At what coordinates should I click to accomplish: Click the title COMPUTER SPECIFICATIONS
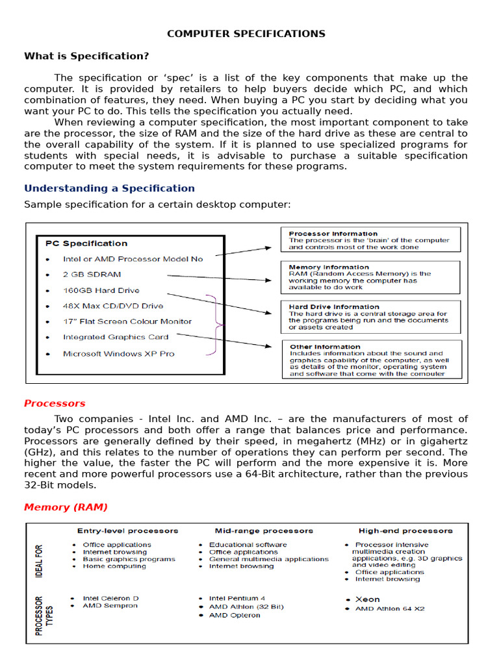246,34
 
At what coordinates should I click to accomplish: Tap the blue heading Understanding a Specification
109,188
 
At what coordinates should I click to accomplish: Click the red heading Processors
55,403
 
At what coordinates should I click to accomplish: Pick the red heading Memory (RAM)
66,507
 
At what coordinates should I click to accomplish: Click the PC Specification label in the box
86,244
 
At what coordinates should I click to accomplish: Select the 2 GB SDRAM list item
92,275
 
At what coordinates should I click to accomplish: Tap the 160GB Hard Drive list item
101,290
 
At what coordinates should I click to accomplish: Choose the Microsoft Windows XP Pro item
118,354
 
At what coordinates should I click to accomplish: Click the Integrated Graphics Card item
115,337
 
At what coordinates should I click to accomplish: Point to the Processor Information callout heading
333,234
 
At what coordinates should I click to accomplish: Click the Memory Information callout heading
329,267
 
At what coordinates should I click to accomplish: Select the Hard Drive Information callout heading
334,307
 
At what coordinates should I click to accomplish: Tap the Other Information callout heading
324,347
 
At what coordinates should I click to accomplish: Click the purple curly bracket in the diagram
215,325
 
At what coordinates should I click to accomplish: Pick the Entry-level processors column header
127,531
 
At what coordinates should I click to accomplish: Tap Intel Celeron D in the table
110,598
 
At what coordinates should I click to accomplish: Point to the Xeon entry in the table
368,599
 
